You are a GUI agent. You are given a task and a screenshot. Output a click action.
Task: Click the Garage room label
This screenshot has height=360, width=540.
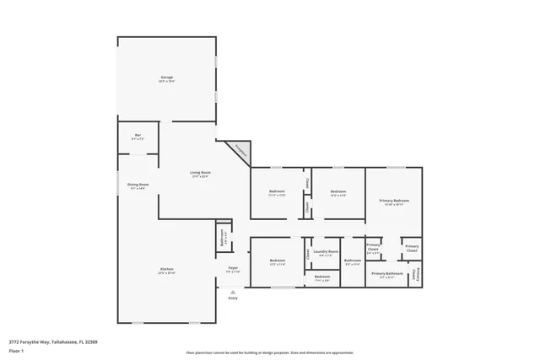[166, 79]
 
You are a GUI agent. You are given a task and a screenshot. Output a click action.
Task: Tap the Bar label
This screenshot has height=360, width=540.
[138, 137]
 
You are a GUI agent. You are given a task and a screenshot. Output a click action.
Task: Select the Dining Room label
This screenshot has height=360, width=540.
[138, 186]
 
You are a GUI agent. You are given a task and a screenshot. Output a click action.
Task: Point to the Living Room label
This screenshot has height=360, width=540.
[200, 174]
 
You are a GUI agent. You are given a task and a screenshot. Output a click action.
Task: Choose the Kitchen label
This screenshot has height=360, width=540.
[166, 271]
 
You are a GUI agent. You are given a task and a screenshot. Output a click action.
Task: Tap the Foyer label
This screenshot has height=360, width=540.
[233, 269]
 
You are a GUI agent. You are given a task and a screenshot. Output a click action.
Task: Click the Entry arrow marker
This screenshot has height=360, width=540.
[233, 293]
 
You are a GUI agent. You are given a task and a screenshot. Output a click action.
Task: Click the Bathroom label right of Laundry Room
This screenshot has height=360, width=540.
[352, 261]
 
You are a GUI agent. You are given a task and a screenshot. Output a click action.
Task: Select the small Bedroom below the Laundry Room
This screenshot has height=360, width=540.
[321, 277]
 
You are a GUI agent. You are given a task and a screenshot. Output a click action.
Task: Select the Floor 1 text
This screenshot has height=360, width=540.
[17, 351]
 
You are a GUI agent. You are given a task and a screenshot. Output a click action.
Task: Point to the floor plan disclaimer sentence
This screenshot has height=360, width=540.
[269, 352]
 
